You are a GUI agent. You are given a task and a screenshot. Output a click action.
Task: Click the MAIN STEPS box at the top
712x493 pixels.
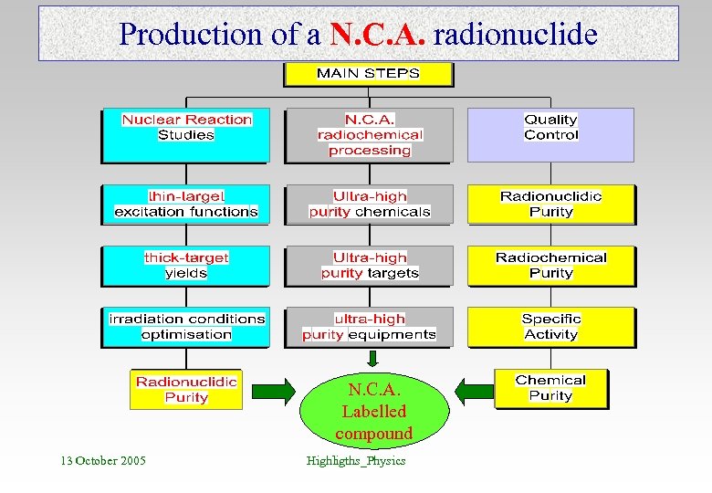tap(368, 74)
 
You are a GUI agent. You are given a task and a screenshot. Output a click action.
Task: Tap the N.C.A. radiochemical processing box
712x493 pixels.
tap(369, 135)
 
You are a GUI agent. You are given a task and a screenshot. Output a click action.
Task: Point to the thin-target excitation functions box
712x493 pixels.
tap(186, 204)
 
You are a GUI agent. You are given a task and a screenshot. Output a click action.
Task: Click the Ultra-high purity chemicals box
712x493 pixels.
tap(369, 204)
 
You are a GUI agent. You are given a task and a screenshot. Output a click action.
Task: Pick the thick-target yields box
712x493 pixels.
tap(186, 265)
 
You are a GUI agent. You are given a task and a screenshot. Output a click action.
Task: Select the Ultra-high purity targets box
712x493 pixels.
tap(369, 265)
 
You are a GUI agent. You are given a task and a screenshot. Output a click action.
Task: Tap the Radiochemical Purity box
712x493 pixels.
tap(550, 265)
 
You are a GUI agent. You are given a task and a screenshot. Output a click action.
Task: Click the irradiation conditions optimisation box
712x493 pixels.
tap(186, 326)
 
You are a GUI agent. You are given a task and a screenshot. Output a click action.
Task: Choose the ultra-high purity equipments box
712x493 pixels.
tap(369, 326)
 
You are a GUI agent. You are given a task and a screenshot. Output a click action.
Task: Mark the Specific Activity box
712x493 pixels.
tap(550, 326)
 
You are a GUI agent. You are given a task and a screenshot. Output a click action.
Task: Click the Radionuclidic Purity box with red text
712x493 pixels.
tap(186, 389)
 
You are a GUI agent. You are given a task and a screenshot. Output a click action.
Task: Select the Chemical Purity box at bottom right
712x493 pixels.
tap(550, 388)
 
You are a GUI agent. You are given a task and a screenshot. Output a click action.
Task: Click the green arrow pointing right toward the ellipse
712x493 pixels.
tap(273, 393)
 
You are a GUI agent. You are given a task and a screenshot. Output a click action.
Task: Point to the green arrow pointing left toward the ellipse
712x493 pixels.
tap(473, 393)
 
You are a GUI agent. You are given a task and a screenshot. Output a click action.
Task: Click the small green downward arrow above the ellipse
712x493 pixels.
tap(372, 358)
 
